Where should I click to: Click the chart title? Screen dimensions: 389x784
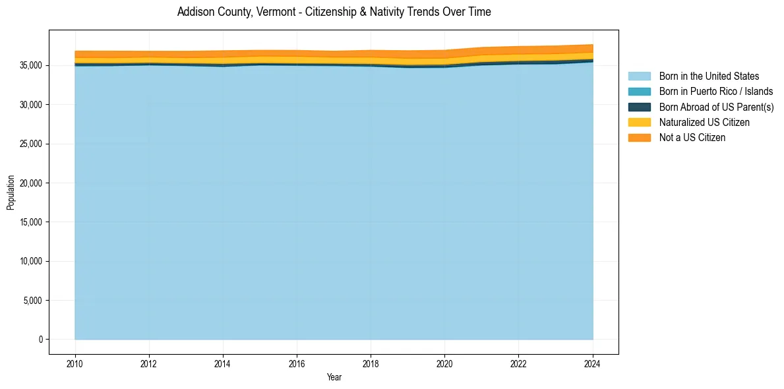[334, 12]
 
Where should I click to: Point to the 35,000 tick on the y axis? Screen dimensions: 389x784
[32, 66]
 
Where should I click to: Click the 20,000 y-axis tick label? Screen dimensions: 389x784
[32, 183]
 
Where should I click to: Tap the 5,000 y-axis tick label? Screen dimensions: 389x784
[34, 301]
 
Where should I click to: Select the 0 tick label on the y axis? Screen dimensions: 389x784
[41, 340]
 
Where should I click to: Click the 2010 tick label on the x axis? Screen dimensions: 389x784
[75, 362]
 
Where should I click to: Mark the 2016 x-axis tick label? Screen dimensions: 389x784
[297, 362]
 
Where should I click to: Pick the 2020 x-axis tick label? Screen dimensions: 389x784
[445, 362]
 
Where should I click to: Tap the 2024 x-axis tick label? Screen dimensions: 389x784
[593, 362]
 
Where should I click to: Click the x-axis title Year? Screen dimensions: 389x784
[334, 377]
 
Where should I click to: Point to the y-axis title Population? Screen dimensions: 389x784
[11, 193]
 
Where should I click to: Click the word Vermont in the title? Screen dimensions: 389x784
[269, 12]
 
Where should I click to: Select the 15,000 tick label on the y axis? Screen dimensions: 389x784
[32, 222]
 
